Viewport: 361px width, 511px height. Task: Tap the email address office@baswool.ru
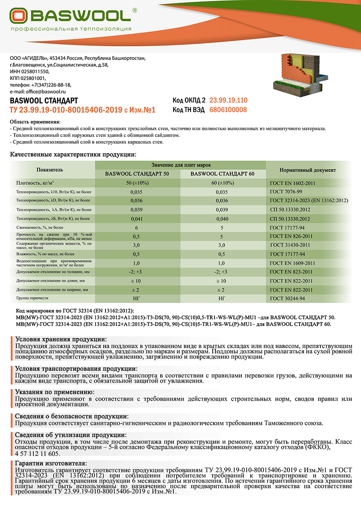coord(41,91)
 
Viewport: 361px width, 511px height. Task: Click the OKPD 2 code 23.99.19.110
coord(228,100)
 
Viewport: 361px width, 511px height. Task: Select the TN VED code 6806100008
coord(228,110)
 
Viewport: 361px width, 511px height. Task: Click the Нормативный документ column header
coord(308,170)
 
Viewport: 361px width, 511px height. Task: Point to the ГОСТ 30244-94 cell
coord(288,299)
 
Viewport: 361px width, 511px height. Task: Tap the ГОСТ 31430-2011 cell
coord(290,245)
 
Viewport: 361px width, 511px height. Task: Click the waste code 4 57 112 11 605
coord(37,453)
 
